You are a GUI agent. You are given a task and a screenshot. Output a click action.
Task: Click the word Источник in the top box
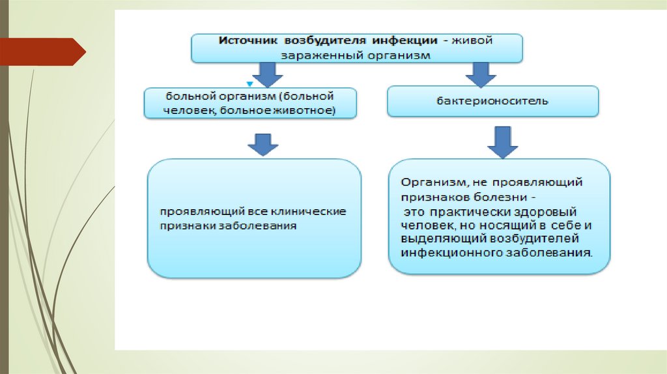click(x=244, y=41)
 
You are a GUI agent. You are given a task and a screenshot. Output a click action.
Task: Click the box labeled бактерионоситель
click(x=492, y=102)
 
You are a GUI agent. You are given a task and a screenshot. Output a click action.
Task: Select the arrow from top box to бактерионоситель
click(x=481, y=74)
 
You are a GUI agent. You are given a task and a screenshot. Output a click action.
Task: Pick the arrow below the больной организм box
click(x=264, y=143)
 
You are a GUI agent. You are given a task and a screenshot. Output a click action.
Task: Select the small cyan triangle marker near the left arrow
click(x=249, y=84)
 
